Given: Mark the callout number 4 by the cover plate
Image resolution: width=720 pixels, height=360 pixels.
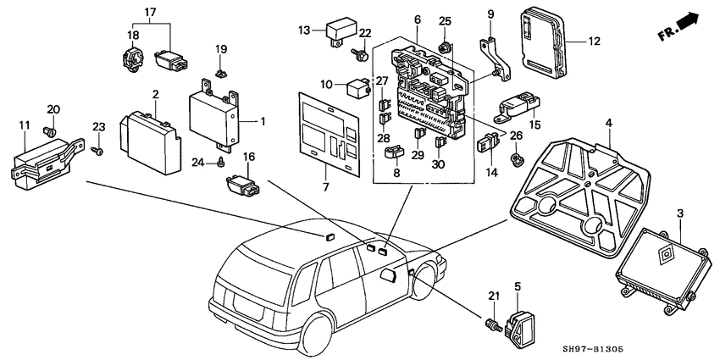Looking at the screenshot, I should [609, 125].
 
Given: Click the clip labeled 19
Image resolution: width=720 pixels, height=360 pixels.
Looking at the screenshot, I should [219, 73].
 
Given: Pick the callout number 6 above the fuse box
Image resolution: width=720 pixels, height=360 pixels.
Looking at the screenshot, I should [418, 19].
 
